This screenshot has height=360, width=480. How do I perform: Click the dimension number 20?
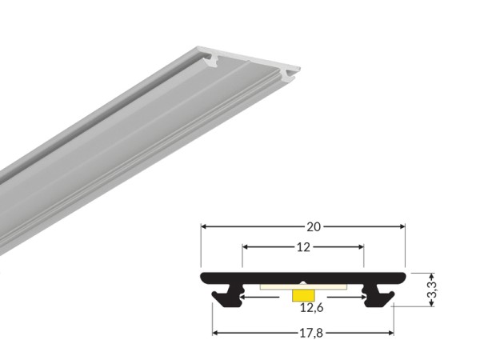click(303, 226)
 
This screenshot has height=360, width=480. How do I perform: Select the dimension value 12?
click(303, 247)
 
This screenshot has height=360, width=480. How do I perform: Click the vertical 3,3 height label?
click(431, 289)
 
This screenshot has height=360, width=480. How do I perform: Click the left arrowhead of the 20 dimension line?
click(203, 226)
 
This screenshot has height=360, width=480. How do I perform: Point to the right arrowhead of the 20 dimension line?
click(403, 226)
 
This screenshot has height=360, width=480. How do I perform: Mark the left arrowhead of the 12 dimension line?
click(245, 247)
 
